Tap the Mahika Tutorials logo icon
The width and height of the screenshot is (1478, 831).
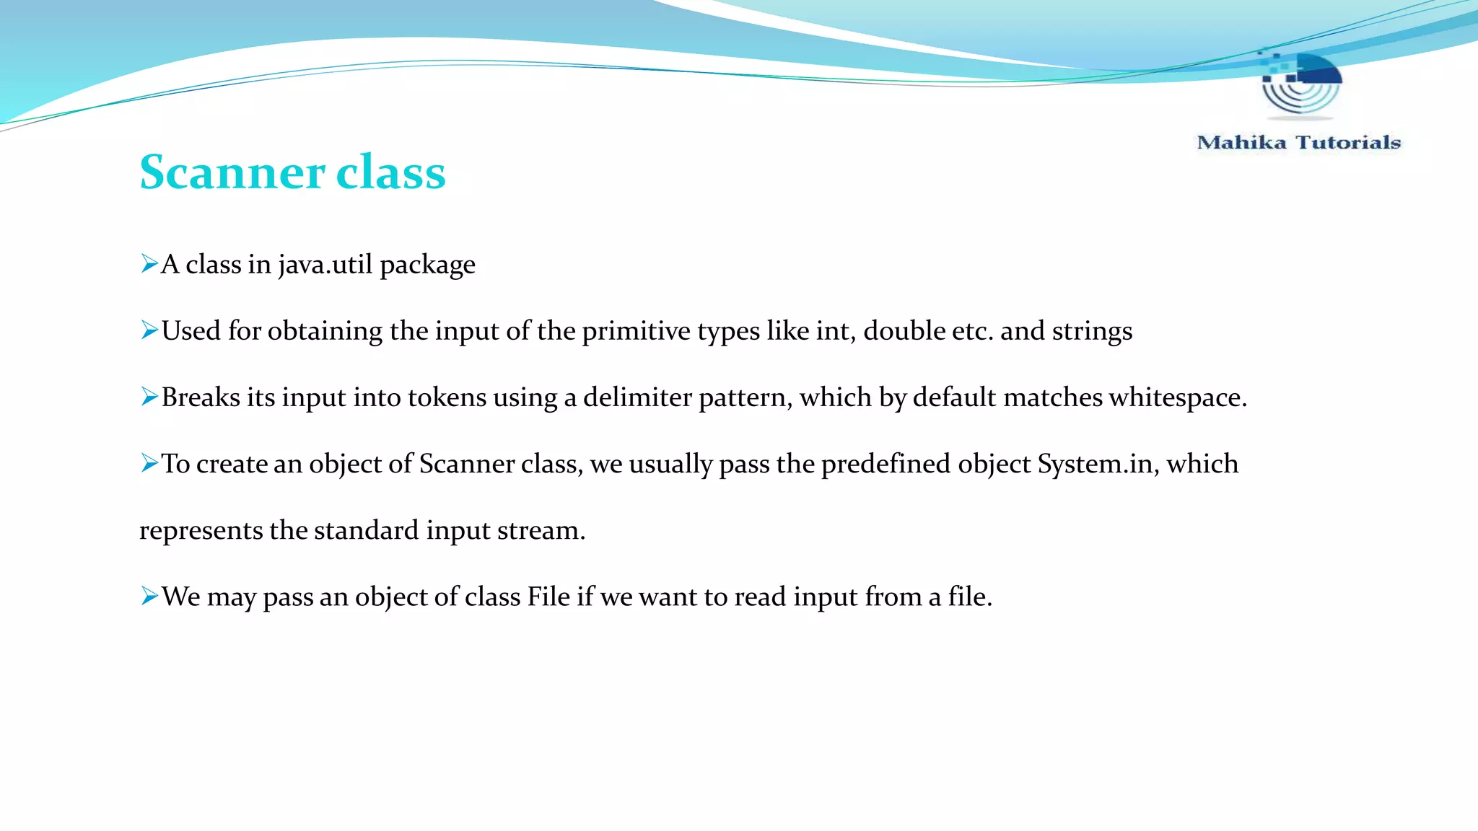(1300, 84)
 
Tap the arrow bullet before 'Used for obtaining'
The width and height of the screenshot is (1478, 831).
(149, 330)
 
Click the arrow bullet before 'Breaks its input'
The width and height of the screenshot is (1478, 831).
(149, 397)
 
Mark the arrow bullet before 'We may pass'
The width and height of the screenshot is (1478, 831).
(149, 596)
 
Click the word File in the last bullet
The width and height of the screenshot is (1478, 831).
(548, 597)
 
